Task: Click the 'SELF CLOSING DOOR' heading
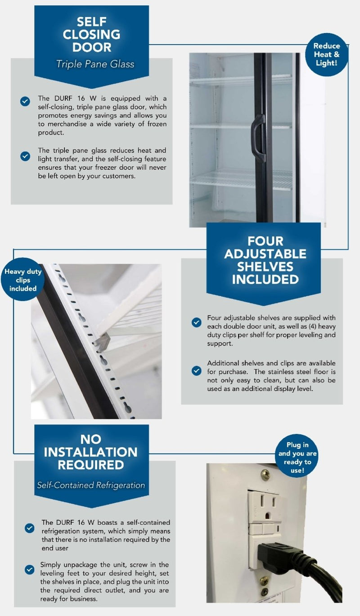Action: [x=91, y=34]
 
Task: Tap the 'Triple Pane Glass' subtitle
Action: [x=95, y=64]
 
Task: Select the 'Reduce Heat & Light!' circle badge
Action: [x=326, y=54]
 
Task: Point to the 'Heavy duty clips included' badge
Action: [x=23, y=280]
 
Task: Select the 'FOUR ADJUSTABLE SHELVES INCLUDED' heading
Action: [x=265, y=260]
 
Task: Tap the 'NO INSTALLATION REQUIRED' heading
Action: [x=90, y=452]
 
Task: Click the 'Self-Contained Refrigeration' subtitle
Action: [x=91, y=485]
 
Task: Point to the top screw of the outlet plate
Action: [x=265, y=475]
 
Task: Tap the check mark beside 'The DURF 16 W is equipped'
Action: [x=25, y=101]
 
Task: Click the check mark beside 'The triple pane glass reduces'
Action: [x=25, y=156]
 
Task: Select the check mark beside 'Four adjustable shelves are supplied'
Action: [x=197, y=322]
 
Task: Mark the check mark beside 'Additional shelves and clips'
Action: [x=197, y=370]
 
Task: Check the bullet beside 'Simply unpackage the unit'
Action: [x=29, y=570]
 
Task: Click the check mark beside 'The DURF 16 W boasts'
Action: [x=29, y=528]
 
